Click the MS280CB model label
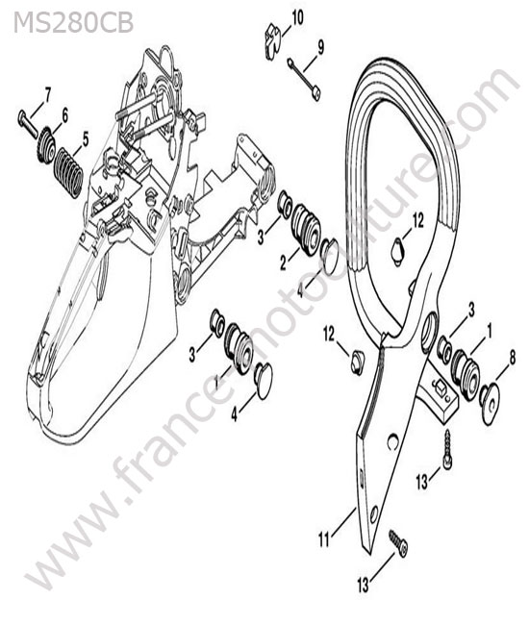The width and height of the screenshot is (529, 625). coord(73,23)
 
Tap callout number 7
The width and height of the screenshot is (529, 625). coord(47,95)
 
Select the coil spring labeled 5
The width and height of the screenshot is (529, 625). coord(68,172)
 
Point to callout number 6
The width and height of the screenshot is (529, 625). coord(64,115)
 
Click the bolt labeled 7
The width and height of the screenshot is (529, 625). coord(27,125)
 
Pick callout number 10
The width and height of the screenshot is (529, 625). coord(297,18)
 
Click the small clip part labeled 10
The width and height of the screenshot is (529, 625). coord(273,41)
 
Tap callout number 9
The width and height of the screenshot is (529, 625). coord(321,47)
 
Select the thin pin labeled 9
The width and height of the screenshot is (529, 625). coord(304,80)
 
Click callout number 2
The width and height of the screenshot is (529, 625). coord(284,263)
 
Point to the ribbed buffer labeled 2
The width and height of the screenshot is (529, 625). coord(305,229)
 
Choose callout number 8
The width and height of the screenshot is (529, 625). coord(513,357)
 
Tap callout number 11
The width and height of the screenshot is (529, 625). coord(324,540)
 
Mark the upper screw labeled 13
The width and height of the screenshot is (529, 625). coord(447,450)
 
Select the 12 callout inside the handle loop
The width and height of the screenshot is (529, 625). coord(418,220)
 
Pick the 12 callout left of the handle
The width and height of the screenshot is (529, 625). coord(329,334)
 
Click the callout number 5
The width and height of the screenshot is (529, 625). coord(86,140)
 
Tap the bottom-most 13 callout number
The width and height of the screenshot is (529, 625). coord(364,586)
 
